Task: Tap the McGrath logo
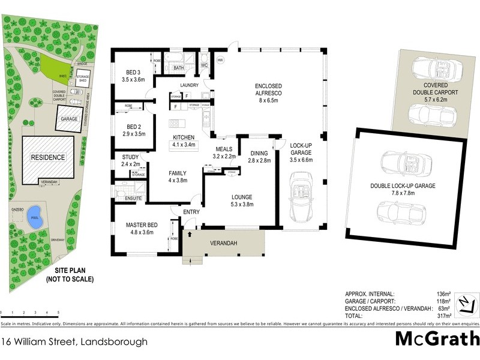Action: tap(436, 338)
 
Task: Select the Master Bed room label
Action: tap(140, 230)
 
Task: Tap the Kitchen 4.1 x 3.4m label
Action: tap(184, 140)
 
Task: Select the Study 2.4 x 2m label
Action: tap(130, 160)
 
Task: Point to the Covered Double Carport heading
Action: tap(436, 89)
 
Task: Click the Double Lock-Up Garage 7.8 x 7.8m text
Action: tap(412, 190)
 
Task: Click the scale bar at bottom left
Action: tap(30, 315)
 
